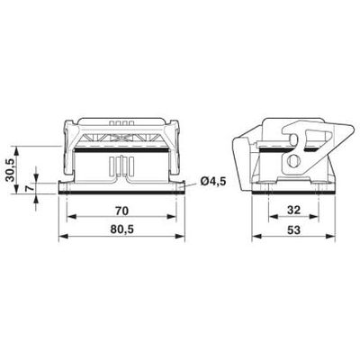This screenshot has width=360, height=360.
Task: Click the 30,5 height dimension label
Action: pyautogui.click(x=10, y=170)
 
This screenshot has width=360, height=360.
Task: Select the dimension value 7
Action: pyautogui.click(x=28, y=188)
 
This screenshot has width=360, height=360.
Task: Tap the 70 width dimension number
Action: pyautogui.click(x=121, y=211)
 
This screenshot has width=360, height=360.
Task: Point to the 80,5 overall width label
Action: pyautogui.click(x=121, y=229)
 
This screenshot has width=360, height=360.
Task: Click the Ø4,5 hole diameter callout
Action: pyautogui.click(x=213, y=181)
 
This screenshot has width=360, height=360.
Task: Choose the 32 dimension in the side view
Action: pyautogui.click(x=293, y=210)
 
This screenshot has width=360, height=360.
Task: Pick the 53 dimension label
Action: pyautogui.click(x=293, y=230)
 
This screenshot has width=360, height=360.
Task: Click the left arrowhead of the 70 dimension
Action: pyautogui.click(x=70, y=216)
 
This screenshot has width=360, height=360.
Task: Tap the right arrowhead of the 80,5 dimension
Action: pyautogui.click(x=181, y=237)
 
